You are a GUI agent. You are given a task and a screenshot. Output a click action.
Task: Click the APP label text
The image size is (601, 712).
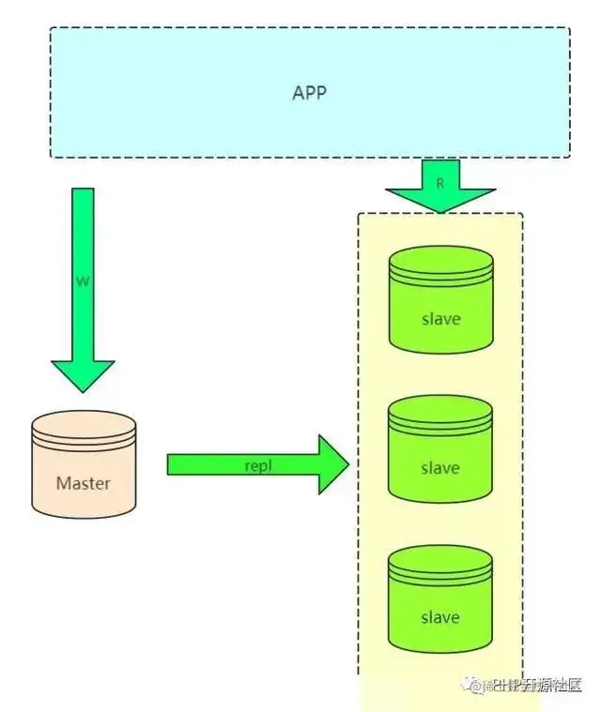pyautogui.click(x=309, y=94)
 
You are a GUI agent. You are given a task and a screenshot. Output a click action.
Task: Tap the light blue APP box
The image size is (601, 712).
pyautogui.click(x=188, y=122)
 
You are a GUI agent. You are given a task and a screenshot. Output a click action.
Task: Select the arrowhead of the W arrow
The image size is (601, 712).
pyautogui.click(x=83, y=375)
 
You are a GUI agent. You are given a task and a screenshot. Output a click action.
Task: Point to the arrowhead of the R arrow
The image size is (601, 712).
pyautogui.click(x=440, y=200)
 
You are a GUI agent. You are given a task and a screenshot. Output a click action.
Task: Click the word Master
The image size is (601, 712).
pyautogui.click(x=83, y=484)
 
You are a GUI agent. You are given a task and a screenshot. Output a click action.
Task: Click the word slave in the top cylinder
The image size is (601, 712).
pyautogui.click(x=440, y=318)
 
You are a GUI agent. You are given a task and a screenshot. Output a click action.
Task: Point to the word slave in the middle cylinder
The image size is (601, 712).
pyautogui.click(x=440, y=467)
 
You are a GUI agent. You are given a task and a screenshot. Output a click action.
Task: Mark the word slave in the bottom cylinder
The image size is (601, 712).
pyautogui.click(x=440, y=617)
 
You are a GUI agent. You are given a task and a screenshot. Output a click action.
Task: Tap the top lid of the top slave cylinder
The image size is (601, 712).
pyautogui.click(x=440, y=263)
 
